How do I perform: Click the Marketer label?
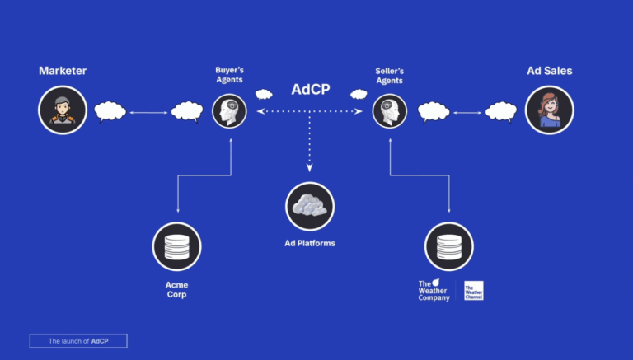(x=63, y=71)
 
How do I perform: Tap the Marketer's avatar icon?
(x=63, y=110)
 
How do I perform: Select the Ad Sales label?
(x=549, y=71)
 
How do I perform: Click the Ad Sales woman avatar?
(x=549, y=110)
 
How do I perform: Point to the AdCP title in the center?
(x=311, y=89)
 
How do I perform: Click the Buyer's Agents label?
(x=229, y=75)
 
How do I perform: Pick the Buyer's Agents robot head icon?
(x=229, y=111)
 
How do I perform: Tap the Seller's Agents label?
(x=390, y=75)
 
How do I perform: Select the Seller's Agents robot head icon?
(x=390, y=111)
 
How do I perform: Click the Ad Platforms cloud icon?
(x=310, y=206)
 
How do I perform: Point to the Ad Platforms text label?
(x=310, y=243)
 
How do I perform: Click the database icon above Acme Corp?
(x=176, y=246)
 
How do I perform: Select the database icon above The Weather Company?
(x=448, y=246)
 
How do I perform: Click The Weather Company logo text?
(x=434, y=290)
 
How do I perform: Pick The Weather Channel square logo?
(x=473, y=290)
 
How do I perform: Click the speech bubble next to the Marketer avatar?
(x=110, y=111)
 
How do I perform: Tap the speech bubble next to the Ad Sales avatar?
(x=500, y=111)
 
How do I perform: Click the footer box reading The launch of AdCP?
(x=78, y=340)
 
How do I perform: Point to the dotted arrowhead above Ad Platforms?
(x=310, y=167)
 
